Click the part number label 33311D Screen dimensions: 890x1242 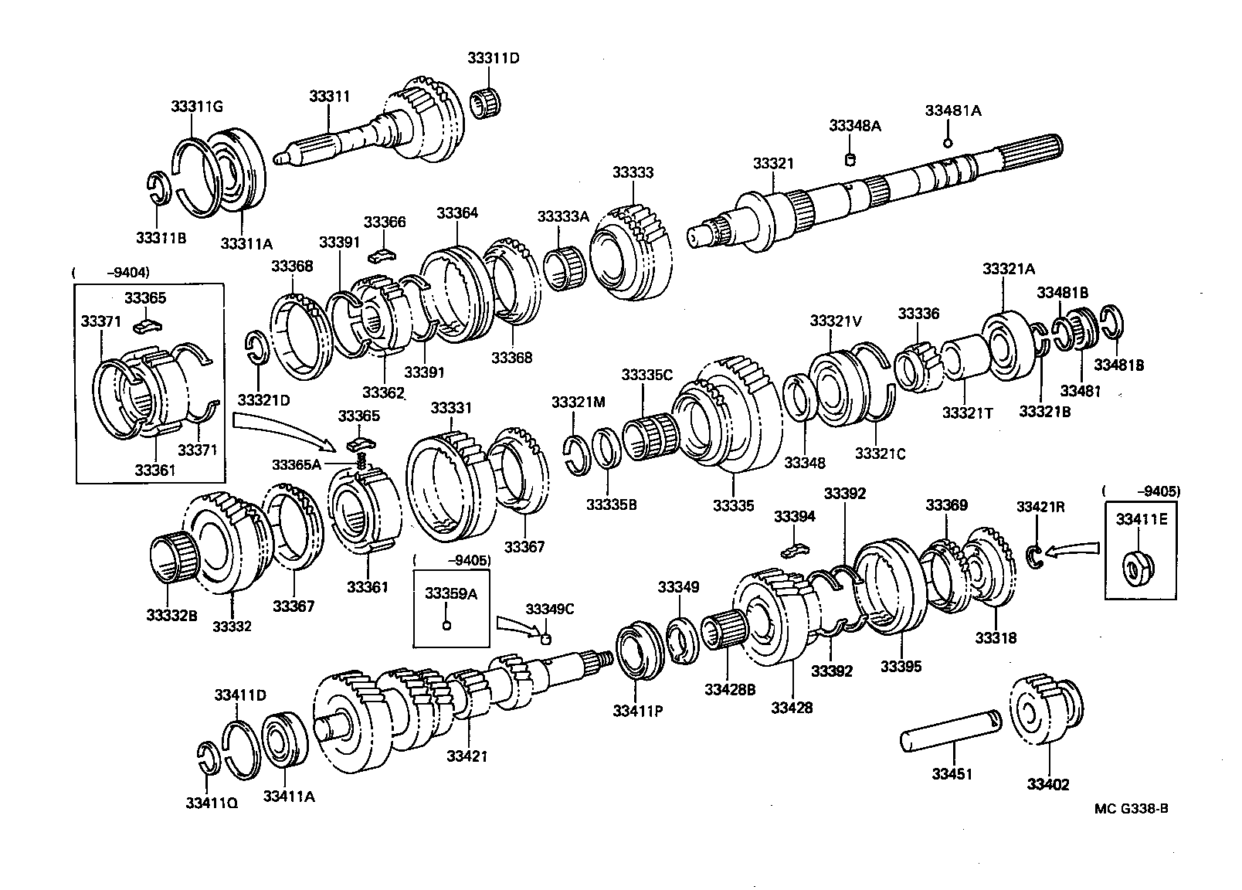[493, 58]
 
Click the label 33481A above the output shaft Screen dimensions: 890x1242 [952, 110]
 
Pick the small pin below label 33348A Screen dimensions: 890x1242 [850, 160]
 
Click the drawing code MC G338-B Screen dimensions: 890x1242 [1131, 809]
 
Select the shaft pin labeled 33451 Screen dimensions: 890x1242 [951, 733]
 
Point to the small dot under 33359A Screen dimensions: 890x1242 [446, 625]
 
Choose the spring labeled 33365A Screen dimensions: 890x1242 [361, 461]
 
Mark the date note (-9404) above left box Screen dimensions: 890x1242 [111, 272]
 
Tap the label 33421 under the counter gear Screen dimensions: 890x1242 [467, 756]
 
